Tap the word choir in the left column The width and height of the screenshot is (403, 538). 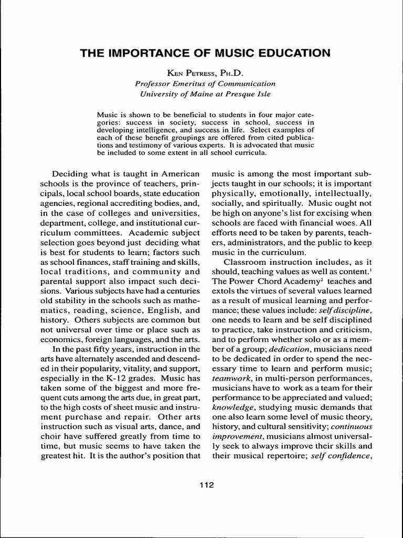[51, 436]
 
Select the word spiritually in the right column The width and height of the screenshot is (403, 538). [278, 203]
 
